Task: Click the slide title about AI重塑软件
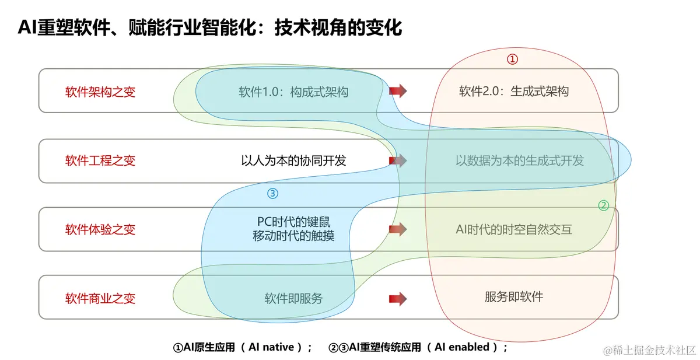tap(210, 27)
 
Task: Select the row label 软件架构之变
tap(100, 92)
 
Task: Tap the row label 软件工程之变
tap(100, 160)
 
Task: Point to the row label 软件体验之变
tap(100, 229)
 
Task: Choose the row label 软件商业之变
tap(100, 298)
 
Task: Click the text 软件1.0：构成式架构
tap(293, 92)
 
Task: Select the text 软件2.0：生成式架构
tap(513, 91)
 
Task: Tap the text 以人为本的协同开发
tap(293, 160)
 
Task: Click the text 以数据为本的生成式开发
tap(519, 160)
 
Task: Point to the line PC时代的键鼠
tap(293, 222)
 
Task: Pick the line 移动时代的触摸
tap(293, 236)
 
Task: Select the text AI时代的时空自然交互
tap(513, 229)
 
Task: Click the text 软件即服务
tap(293, 298)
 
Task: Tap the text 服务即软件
tap(513, 296)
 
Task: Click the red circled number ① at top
tap(512, 59)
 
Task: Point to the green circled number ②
tap(604, 205)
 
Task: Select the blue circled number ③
tap(272, 193)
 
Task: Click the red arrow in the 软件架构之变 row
tap(398, 90)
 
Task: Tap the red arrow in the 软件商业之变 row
tap(398, 299)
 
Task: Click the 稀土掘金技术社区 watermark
tap(650, 350)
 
